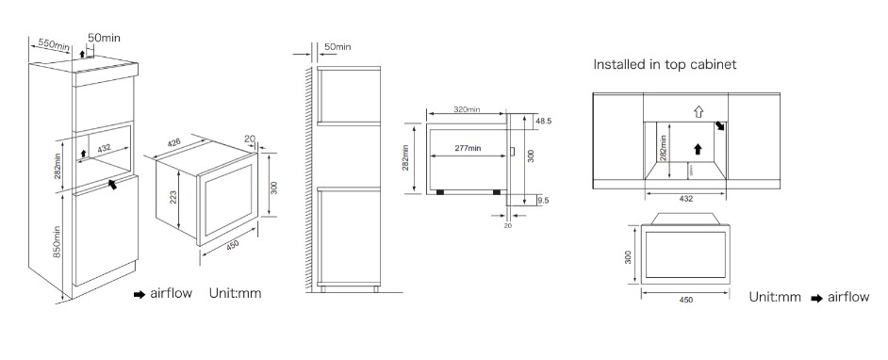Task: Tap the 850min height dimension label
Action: click(58, 241)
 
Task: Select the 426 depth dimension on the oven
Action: click(174, 144)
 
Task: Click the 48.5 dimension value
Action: click(543, 122)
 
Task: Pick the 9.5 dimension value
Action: click(543, 200)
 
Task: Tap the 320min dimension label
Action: click(467, 109)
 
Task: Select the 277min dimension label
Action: click(468, 148)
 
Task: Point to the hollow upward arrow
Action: click(699, 111)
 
